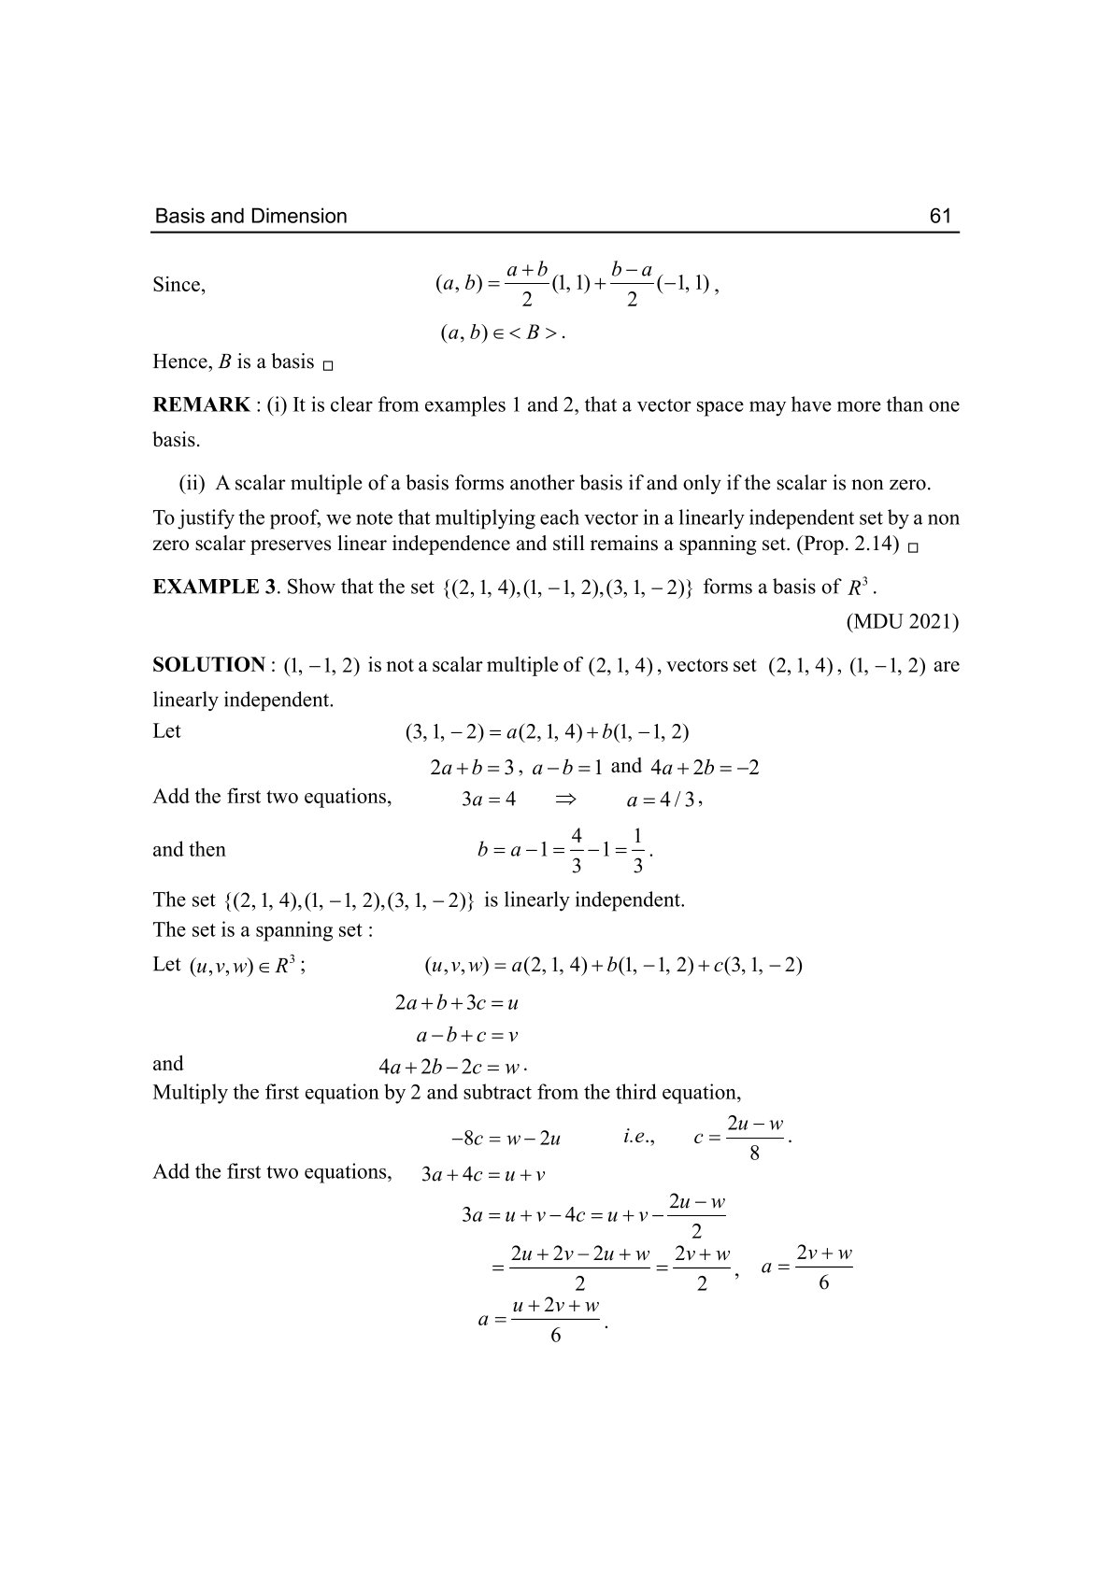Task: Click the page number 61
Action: tap(940, 217)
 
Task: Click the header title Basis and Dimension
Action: tap(250, 217)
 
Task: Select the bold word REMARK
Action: tap(201, 405)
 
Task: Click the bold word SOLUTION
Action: tap(208, 665)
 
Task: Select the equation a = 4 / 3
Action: tap(662, 800)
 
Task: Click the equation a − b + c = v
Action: tap(467, 1035)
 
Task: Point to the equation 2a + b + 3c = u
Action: tap(457, 1004)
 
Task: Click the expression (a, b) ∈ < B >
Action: tap(501, 333)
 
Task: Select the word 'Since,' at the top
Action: tap(179, 285)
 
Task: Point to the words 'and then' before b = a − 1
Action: tap(189, 850)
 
